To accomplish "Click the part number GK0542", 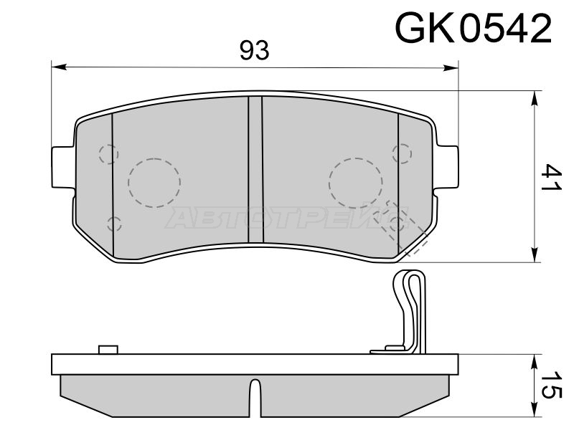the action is [473, 28].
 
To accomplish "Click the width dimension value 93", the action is [255, 50].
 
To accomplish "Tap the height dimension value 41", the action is [551, 176].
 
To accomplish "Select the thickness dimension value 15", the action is [551, 385].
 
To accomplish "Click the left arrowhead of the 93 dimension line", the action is [60, 67].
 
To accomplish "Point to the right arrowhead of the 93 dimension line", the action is [451, 67].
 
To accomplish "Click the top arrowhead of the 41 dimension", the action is [535, 98].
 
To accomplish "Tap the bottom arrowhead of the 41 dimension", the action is [535, 254].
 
